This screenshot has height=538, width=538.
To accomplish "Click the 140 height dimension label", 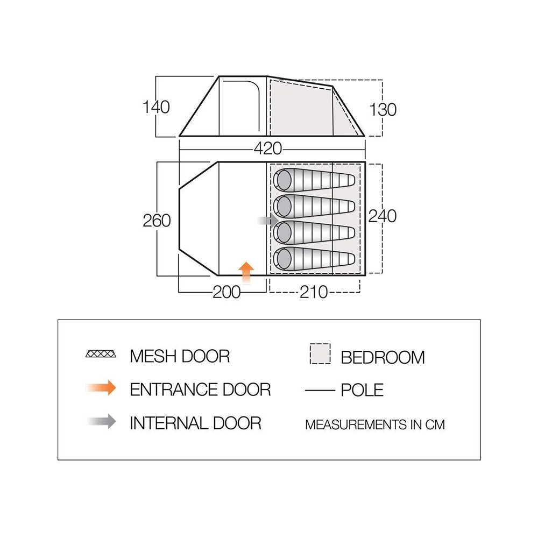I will coord(157,108).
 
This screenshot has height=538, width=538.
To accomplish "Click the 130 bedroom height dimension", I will coord(383,109).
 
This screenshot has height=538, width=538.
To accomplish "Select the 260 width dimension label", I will coord(157,221).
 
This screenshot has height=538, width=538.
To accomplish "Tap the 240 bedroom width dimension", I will coord(383,216).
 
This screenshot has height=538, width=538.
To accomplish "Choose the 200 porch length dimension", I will coord(226,292).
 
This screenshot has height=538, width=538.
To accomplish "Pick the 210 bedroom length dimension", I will coord(314,292).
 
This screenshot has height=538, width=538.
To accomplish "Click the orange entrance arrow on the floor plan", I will coord(246,271).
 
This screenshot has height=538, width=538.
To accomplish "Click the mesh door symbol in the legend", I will coord(101,355).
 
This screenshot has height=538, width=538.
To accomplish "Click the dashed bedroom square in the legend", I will coord(320,355).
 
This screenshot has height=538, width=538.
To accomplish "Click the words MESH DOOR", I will coord(180,356).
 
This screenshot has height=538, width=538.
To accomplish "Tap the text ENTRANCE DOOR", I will coord(200,389).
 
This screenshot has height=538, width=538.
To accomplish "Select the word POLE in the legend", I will coord(362,390).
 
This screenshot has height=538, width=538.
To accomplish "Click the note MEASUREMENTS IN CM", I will coord(375,424).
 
